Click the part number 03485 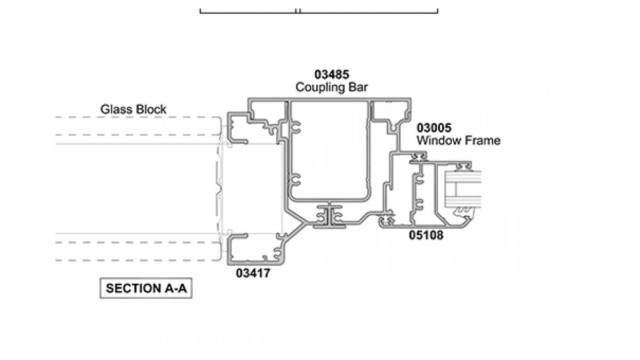332,75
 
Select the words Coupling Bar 332,87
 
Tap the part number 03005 434,128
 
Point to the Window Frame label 458,141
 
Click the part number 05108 426,235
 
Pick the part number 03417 253,274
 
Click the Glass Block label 133,109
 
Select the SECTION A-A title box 146,289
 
